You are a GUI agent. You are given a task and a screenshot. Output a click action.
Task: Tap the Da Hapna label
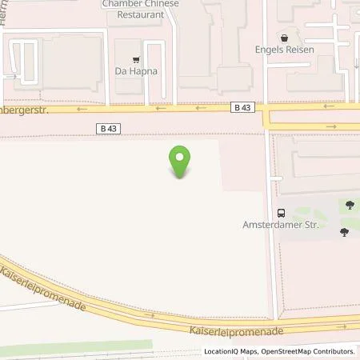click(x=136, y=71)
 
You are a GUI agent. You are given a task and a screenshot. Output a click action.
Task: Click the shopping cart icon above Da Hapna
click(x=136, y=58)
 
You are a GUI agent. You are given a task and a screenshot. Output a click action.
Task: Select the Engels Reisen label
click(x=283, y=50)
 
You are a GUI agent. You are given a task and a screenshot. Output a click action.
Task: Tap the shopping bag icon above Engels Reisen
click(x=283, y=38)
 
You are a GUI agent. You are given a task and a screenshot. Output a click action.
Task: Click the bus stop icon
click(x=281, y=212)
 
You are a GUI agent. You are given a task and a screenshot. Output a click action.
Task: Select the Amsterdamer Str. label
click(x=280, y=225)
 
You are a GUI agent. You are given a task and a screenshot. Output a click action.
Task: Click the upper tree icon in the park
click(x=349, y=206)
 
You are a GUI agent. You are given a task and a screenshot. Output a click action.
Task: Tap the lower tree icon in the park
click(x=344, y=232)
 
